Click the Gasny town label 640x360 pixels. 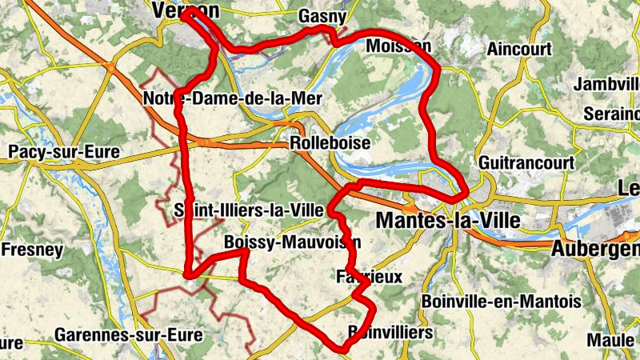coord(322,16)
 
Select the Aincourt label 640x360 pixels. coord(519,49)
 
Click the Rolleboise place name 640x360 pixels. coord(330,143)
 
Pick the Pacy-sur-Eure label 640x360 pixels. coord(63,151)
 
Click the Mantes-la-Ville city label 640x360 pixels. coord(448,219)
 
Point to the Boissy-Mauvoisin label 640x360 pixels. coord(293,242)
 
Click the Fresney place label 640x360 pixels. coord(32,250)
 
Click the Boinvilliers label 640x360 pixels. coord(390,331)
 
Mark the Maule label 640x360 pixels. coord(613,339)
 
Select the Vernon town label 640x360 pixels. coord(185,10)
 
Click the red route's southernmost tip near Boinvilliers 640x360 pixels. coord(344,349)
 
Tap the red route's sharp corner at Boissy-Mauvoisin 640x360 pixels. coord(245,252)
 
